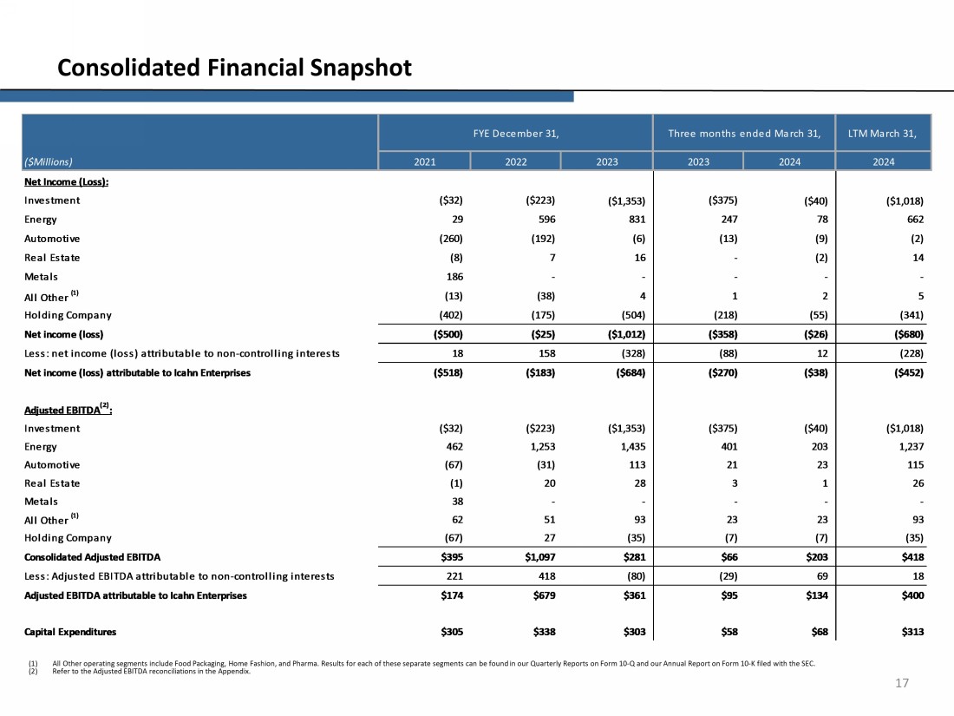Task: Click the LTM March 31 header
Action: [882, 133]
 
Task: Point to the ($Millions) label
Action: [49, 161]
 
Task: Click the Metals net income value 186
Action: [452, 277]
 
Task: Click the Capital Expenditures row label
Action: [70, 632]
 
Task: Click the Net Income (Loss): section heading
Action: [71, 181]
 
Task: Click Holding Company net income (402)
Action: [448, 315]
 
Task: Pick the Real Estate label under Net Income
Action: [52, 258]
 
